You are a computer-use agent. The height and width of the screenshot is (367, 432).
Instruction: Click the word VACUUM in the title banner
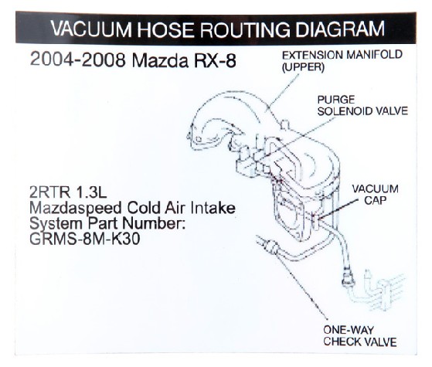click(x=91, y=29)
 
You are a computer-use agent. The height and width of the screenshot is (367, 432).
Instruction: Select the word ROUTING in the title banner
click(x=246, y=29)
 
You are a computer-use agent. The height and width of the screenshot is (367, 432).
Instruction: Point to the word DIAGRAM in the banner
click(x=340, y=29)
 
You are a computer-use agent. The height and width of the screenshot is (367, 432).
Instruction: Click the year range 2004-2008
click(x=78, y=59)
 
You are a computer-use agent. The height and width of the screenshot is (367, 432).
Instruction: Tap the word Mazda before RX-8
click(x=160, y=60)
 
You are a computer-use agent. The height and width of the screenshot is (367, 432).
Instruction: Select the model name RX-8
click(x=216, y=60)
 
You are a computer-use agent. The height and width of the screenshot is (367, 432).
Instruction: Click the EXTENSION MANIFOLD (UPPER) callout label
click(x=342, y=61)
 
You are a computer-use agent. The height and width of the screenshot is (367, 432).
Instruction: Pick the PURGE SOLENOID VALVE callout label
click(x=362, y=105)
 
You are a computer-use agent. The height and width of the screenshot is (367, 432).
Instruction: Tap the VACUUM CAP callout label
click(x=376, y=195)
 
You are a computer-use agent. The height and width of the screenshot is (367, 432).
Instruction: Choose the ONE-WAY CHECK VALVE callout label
click(x=360, y=335)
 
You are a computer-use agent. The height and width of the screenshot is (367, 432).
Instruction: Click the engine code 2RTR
click(x=49, y=192)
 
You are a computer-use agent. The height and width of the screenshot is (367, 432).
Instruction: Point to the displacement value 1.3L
click(x=90, y=192)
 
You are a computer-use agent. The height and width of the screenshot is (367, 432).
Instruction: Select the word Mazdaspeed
click(x=75, y=209)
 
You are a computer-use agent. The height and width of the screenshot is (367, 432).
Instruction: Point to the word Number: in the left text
click(x=154, y=223)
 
